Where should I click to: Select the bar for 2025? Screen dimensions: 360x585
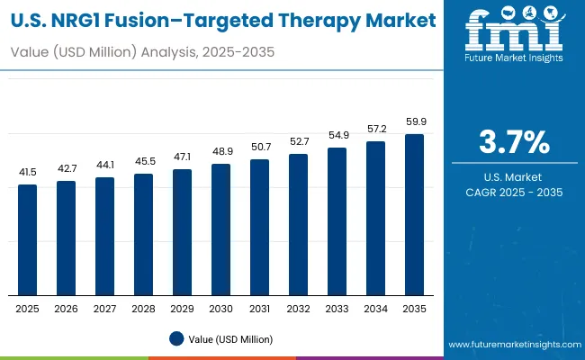coord(28,239)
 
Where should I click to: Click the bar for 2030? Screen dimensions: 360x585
coord(221,229)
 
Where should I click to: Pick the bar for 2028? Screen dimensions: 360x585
coord(144,234)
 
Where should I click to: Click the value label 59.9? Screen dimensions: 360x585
coord(415,121)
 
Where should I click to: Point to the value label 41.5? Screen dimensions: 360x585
coord(28,172)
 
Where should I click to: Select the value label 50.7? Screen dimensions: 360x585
coord(260,147)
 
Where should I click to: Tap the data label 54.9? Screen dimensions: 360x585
coord(337,135)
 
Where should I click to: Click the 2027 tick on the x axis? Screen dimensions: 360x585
coord(105,308)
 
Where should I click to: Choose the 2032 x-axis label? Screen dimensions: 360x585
coord(299,308)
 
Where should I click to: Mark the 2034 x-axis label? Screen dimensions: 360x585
coord(376,308)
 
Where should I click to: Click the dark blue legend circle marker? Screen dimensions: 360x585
coord(178,338)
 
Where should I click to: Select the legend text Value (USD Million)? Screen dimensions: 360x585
coord(231,338)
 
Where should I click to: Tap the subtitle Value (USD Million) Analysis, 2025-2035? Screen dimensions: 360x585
coord(143,52)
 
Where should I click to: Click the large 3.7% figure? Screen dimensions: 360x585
coord(514,143)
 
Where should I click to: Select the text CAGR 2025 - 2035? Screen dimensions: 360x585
coord(514,193)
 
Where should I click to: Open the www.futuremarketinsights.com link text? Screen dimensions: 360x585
coord(511,345)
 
